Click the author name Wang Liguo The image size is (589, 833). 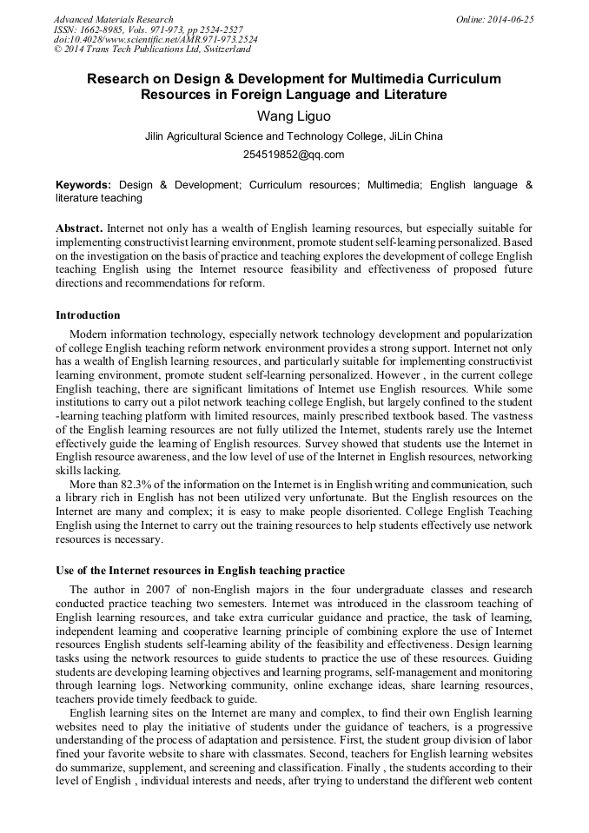coord(294,116)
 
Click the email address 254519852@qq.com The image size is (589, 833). coord(294,155)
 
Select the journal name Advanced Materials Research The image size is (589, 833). coord(113,19)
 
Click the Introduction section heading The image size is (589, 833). coord(88,315)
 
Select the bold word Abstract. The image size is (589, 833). coord(79,228)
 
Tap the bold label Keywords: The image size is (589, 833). coord(83,185)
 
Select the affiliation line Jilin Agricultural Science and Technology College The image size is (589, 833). coord(294,136)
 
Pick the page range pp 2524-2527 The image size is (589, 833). coord(210,30)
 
